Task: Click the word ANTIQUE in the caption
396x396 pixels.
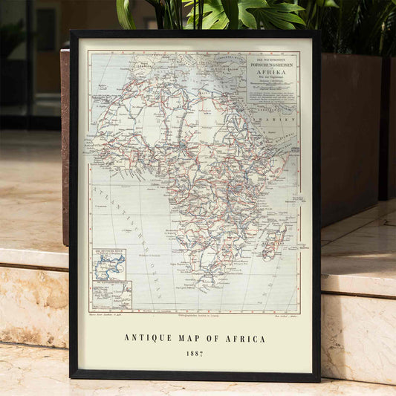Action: pos(147,339)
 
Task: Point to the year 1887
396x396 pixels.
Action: pos(195,354)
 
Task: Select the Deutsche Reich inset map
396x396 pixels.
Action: pos(109,264)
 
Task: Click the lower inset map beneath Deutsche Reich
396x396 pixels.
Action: pos(111,294)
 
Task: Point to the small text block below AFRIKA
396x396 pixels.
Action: pos(272,89)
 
